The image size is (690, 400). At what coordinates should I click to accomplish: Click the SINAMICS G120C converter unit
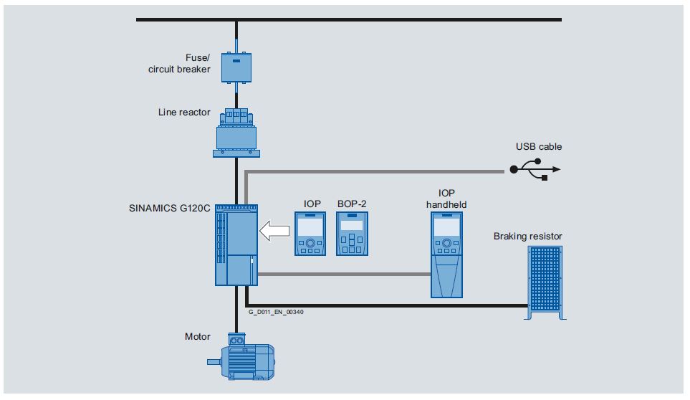[x=236, y=244]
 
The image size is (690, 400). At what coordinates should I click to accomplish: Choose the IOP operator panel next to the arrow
[x=309, y=234]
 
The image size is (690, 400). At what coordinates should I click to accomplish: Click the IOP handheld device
[x=446, y=255]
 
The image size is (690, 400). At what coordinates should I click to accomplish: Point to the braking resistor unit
[x=545, y=282]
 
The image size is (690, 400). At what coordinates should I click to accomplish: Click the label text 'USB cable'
[x=539, y=147]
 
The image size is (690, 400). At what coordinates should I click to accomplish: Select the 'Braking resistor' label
[x=528, y=236]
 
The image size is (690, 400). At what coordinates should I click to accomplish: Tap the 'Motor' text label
[x=197, y=336]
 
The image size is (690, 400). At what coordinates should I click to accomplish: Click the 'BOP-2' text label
[x=351, y=204]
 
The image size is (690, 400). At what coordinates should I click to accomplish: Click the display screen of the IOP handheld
[x=446, y=227]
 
